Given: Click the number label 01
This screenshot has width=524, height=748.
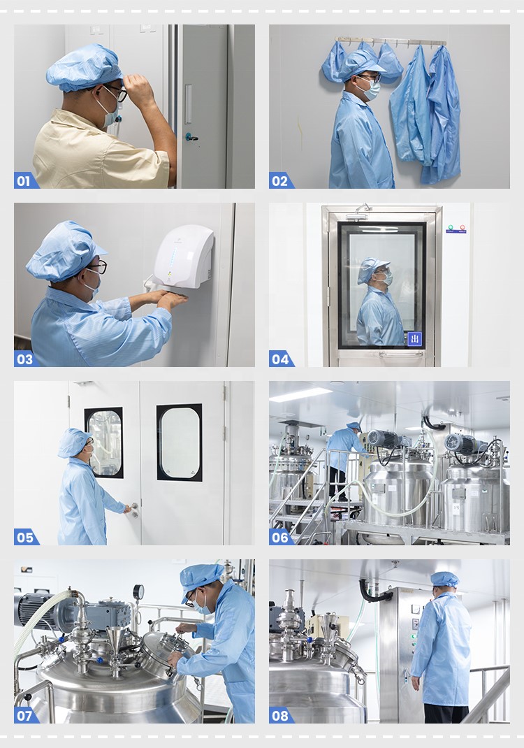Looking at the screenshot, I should (24, 181).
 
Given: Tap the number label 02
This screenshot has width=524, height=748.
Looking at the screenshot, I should (279, 181).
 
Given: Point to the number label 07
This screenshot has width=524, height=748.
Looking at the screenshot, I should (24, 715).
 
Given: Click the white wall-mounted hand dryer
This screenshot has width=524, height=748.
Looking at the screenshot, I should (183, 257).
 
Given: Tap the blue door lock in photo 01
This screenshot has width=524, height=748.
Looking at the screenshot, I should (189, 137).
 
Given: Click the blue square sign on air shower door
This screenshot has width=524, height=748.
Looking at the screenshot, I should (414, 339).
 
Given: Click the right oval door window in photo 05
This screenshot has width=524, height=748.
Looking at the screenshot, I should (180, 442).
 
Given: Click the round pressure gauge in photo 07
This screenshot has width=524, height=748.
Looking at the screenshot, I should (138, 591).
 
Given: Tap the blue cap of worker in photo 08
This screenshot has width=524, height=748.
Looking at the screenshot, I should (444, 579).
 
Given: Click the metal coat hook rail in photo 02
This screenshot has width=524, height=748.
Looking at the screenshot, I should (391, 42).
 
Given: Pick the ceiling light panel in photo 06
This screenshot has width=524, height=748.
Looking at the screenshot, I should (300, 395).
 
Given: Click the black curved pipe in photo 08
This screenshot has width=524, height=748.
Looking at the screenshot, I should (373, 594).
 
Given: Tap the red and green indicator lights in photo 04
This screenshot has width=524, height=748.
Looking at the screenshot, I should (456, 228).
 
